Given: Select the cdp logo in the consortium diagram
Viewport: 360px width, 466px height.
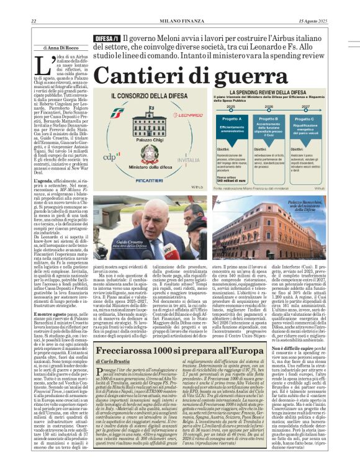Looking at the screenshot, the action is [109, 156].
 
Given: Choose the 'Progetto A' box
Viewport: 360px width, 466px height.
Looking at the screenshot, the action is [231, 119].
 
